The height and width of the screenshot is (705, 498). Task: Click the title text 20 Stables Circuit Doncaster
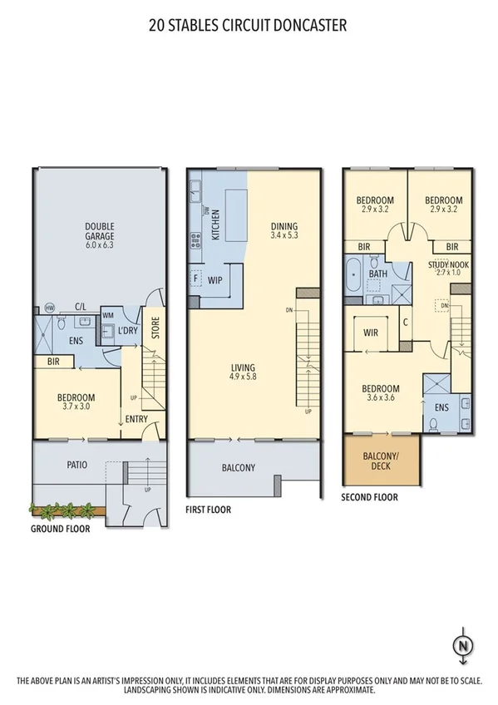point(248,25)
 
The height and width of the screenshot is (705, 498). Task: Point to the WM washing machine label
point(107,315)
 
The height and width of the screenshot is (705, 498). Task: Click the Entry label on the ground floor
point(136,419)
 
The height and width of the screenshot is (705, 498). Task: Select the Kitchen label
point(215,223)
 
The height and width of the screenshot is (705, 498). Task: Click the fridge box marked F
point(196,279)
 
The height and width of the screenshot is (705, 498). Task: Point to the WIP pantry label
point(214,280)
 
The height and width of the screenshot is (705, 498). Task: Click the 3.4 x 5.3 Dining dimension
point(284,236)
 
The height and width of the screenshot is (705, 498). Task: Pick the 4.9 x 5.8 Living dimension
point(244,377)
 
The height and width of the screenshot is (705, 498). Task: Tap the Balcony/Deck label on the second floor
point(382,461)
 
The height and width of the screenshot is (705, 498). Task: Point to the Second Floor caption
point(369,497)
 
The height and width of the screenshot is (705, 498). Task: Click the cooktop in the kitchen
point(196,241)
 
